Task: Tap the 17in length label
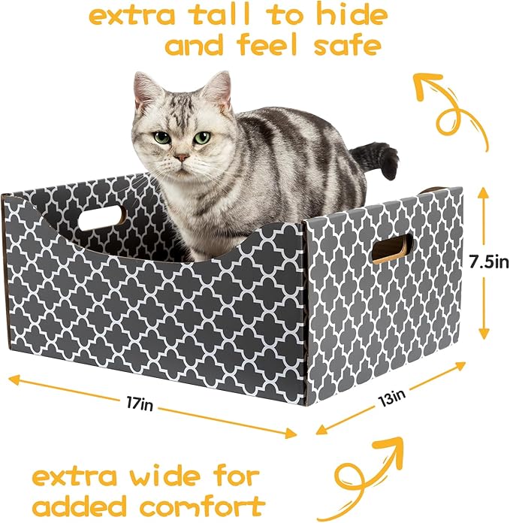(140, 405)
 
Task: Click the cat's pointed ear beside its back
(219, 89)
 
